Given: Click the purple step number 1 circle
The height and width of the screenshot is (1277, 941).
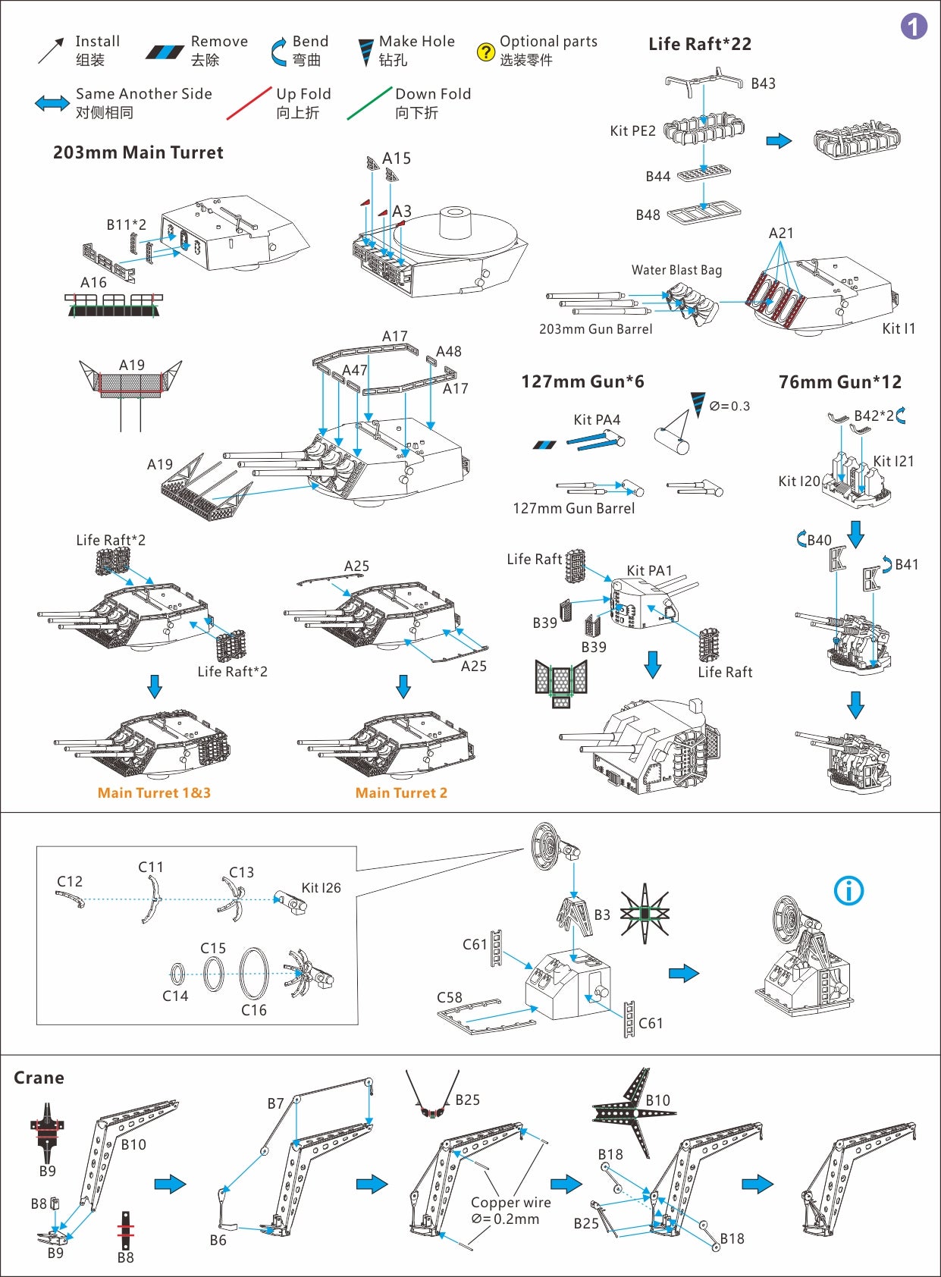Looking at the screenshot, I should click(x=914, y=27).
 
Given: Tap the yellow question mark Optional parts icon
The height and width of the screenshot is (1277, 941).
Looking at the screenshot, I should click(x=485, y=52).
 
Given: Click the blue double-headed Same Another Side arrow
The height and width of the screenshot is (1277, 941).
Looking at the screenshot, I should click(x=52, y=103).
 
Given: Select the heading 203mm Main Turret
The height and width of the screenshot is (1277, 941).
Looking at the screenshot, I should click(x=138, y=152).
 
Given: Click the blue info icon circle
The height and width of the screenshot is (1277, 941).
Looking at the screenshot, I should click(x=848, y=890).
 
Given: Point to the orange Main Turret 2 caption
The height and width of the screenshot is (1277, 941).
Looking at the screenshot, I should click(x=401, y=792).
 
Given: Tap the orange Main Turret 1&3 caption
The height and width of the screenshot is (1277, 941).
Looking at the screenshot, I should click(x=154, y=792).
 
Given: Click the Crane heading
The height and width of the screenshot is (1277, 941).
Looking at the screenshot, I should click(x=39, y=1078).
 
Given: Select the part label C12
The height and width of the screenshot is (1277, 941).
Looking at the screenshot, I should click(x=70, y=881).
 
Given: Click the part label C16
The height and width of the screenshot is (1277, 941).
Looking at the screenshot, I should click(x=254, y=1010).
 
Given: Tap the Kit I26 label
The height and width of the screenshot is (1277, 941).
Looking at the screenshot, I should click(x=321, y=887).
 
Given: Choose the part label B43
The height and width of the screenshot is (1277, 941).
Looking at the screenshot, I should click(x=763, y=83).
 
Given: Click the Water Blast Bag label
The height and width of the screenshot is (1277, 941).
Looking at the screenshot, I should click(x=676, y=270).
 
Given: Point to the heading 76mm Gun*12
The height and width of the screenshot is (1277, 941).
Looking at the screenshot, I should click(x=840, y=382).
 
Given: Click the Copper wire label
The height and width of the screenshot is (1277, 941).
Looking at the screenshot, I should click(x=510, y=1202).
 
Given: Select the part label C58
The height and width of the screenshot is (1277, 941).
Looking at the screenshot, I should click(x=450, y=997).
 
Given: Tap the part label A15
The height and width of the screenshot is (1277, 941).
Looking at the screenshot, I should click(x=397, y=158).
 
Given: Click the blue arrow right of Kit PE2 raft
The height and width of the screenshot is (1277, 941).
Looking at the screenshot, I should click(x=779, y=141).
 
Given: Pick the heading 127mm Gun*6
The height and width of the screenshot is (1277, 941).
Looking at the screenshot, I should click(x=582, y=381).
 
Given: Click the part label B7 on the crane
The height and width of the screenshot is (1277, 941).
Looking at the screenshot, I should click(x=275, y=1103).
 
